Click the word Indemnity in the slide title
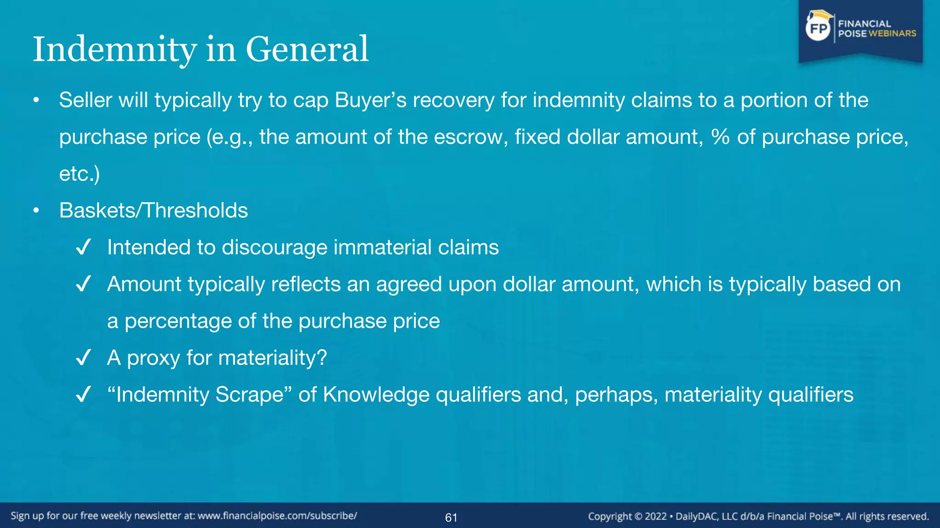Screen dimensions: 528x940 115,49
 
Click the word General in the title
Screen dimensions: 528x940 307,49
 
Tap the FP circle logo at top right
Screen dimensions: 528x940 818,29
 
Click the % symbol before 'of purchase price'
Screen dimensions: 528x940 720,137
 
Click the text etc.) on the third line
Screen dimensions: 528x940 79,174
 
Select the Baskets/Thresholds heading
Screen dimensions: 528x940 153,211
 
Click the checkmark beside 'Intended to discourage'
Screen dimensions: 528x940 84,247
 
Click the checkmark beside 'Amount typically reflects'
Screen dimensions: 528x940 84,284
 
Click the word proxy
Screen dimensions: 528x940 153,358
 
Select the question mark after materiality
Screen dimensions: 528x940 322,357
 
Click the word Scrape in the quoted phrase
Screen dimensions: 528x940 250,395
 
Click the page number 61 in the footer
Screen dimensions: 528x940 451,518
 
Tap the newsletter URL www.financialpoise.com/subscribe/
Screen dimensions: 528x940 277,516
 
